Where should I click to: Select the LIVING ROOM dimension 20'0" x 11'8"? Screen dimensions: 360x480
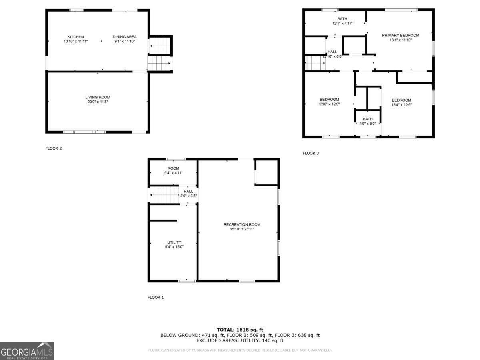coord(98,102)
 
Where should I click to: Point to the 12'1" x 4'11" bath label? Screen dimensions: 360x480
coord(342,21)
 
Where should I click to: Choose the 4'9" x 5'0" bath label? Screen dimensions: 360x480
coord(368,121)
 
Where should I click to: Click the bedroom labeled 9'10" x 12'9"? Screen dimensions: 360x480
coord(329,102)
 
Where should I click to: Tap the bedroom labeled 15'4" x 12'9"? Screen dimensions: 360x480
coord(401,102)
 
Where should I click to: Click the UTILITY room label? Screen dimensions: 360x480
coord(174,244)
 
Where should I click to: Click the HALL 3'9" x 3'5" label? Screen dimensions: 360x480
coord(188,194)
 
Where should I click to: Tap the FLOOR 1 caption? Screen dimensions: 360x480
coord(156,298)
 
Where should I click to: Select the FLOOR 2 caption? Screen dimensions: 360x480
coord(54,148)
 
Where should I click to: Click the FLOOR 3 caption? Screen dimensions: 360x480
coord(311,153)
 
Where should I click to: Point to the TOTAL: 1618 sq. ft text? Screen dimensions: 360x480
coord(240,330)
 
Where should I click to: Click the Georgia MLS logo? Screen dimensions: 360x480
coord(27,351)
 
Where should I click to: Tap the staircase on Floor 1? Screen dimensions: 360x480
coord(164,196)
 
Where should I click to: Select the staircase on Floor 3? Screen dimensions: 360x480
coord(315,63)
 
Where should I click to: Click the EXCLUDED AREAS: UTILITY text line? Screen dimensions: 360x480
coord(240,341)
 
